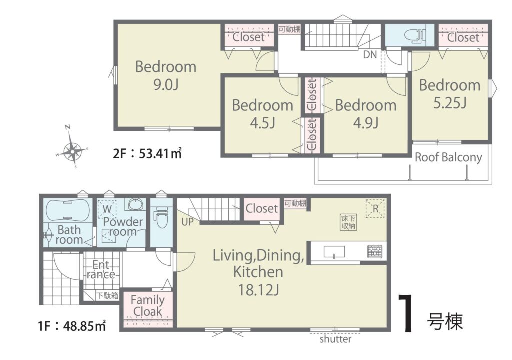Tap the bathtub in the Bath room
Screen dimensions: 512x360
68,210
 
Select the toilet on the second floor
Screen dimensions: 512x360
415,35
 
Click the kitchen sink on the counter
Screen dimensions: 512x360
334,252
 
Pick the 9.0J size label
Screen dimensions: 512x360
166,85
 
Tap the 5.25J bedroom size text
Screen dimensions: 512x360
450,103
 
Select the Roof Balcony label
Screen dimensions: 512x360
448,158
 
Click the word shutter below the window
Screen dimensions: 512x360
335,339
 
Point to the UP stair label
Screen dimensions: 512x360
188,222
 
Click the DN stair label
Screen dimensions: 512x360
370,54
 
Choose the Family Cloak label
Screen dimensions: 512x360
147,306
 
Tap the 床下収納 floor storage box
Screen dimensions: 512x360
348,222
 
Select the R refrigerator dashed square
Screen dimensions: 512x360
375,208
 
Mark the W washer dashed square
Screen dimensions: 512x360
107,208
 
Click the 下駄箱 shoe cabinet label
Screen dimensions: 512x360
107,296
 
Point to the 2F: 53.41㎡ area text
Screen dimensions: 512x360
147,153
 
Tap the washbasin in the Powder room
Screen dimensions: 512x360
135,204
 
